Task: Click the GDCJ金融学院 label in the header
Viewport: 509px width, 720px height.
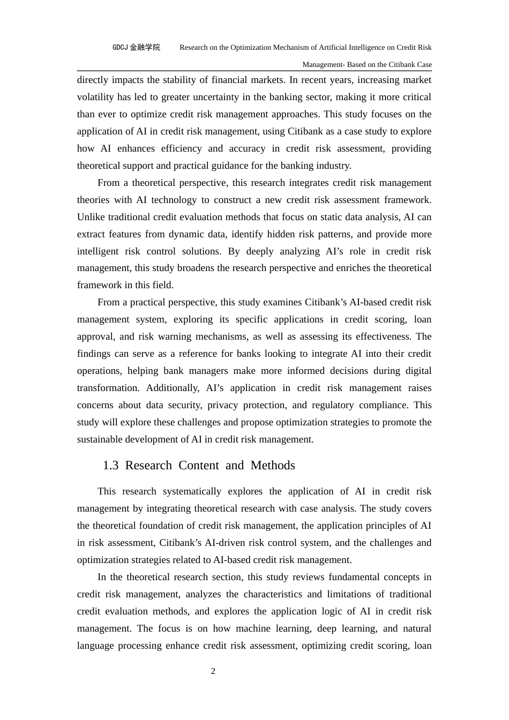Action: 136,47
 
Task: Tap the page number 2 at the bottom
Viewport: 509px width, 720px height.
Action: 213,671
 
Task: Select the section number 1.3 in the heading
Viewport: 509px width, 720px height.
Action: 110,465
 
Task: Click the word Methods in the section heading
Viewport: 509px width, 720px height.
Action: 273,465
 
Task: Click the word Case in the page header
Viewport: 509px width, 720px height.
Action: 424,64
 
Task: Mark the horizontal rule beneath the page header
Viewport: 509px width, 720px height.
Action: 254,71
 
